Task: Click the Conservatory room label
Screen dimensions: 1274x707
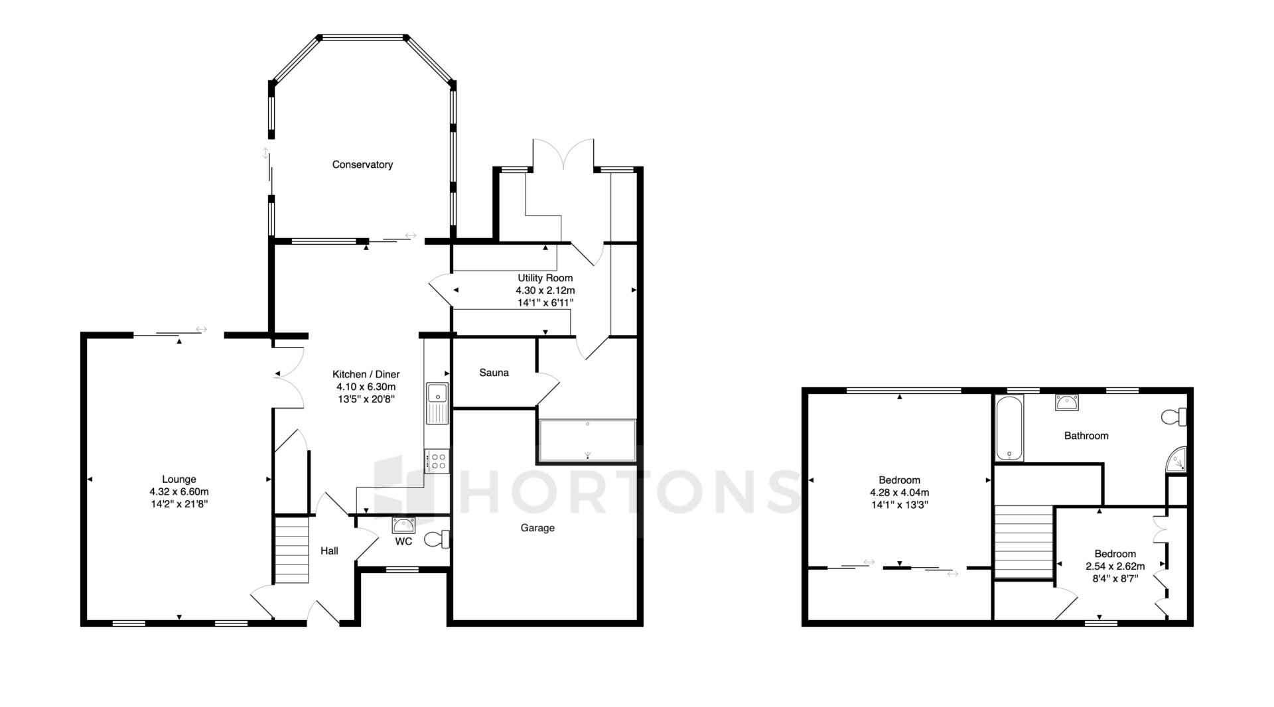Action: pos(362,164)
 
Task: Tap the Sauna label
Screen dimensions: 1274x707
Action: pos(494,373)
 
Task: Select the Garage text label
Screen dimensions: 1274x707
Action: pos(537,528)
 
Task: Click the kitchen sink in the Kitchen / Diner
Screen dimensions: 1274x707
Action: pos(437,403)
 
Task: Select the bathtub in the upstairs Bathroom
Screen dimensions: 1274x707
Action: pos(1010,428)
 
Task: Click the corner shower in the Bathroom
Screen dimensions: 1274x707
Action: pos(1176,460)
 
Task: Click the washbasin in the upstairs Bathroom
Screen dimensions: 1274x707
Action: pos(1066,402)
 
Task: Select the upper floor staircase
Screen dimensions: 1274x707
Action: pos(1024,541)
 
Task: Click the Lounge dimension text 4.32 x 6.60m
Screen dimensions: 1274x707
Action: pos(179,491)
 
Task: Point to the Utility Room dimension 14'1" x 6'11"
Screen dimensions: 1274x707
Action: pos(545,302)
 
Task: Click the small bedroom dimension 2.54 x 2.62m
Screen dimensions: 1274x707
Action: pos(1115,566)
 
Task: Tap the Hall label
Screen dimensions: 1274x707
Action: pos(329,550)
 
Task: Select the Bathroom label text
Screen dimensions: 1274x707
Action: pos(1086,436)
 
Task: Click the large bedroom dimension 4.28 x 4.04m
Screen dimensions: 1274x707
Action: pos(899,492)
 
